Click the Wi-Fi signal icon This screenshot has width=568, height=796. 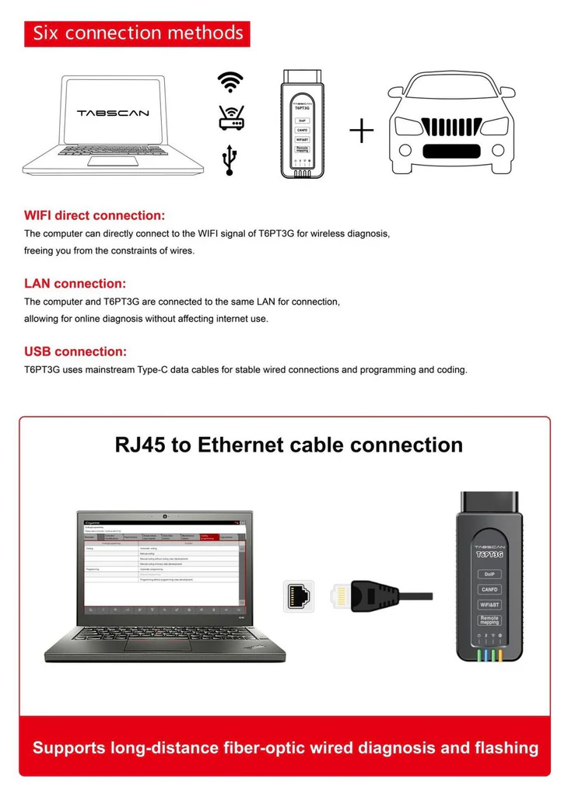[x=230, y=82]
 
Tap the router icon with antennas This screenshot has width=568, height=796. [x=231, y=118]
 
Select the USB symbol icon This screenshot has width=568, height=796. [x=230, y=159]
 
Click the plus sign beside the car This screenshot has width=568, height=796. [x=361, y=131]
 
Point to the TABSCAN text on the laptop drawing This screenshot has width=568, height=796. [x=113, y=113]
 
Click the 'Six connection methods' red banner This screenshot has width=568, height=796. [x=137, y=33]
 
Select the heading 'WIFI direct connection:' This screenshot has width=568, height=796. [x=95, y=215]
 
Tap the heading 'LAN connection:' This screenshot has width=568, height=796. [x=75, y=284]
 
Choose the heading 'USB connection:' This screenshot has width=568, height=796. [x=75, y=351]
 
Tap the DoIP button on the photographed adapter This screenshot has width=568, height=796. [x=489, y=574]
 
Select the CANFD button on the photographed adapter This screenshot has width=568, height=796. [x=489, y=589]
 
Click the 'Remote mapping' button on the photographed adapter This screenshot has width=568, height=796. [x=489, y=620]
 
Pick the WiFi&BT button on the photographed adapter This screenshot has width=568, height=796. [x=489, y=604]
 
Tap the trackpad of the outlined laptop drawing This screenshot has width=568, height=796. [x=113, y=160]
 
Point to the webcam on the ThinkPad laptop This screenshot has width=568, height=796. [x=165, y=516]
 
